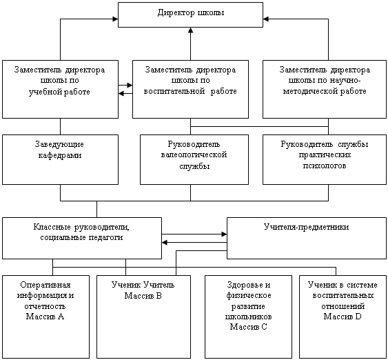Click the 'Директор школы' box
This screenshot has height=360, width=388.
pos(190,14)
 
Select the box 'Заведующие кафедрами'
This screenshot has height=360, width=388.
pos(60,159)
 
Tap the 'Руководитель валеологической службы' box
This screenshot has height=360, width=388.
pos(194,159)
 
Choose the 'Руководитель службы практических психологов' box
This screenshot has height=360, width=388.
pos(325,159)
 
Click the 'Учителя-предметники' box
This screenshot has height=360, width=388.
pos(307,238)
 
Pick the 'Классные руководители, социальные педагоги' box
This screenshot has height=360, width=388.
pos(82,238)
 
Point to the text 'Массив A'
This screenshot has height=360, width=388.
pos(45,317)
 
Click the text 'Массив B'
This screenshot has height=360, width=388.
pos(143,296)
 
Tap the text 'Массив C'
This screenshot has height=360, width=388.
pos(248,327)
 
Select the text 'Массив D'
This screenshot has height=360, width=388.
pos(343,317)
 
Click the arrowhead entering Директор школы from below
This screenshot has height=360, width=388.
pos(190,30)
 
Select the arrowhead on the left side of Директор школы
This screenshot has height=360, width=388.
pos(115,19)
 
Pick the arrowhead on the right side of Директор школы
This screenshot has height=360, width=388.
pos(266,19)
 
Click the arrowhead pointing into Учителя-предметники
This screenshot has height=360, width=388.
pos(224,234)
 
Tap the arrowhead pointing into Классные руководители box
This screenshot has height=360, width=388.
pos(165,242)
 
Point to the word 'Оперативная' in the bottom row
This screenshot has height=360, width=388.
pos(45,286)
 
